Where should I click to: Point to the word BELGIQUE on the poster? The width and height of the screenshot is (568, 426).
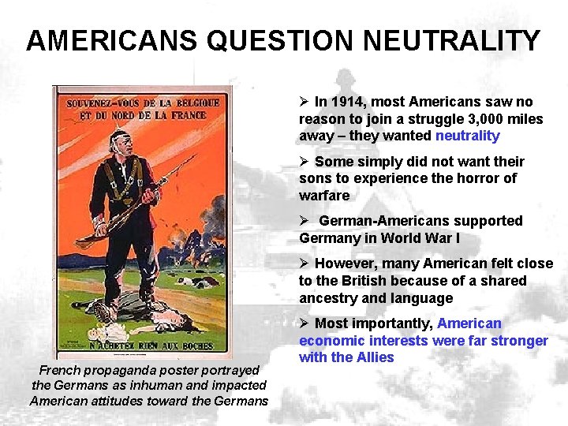tap(185, 103)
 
